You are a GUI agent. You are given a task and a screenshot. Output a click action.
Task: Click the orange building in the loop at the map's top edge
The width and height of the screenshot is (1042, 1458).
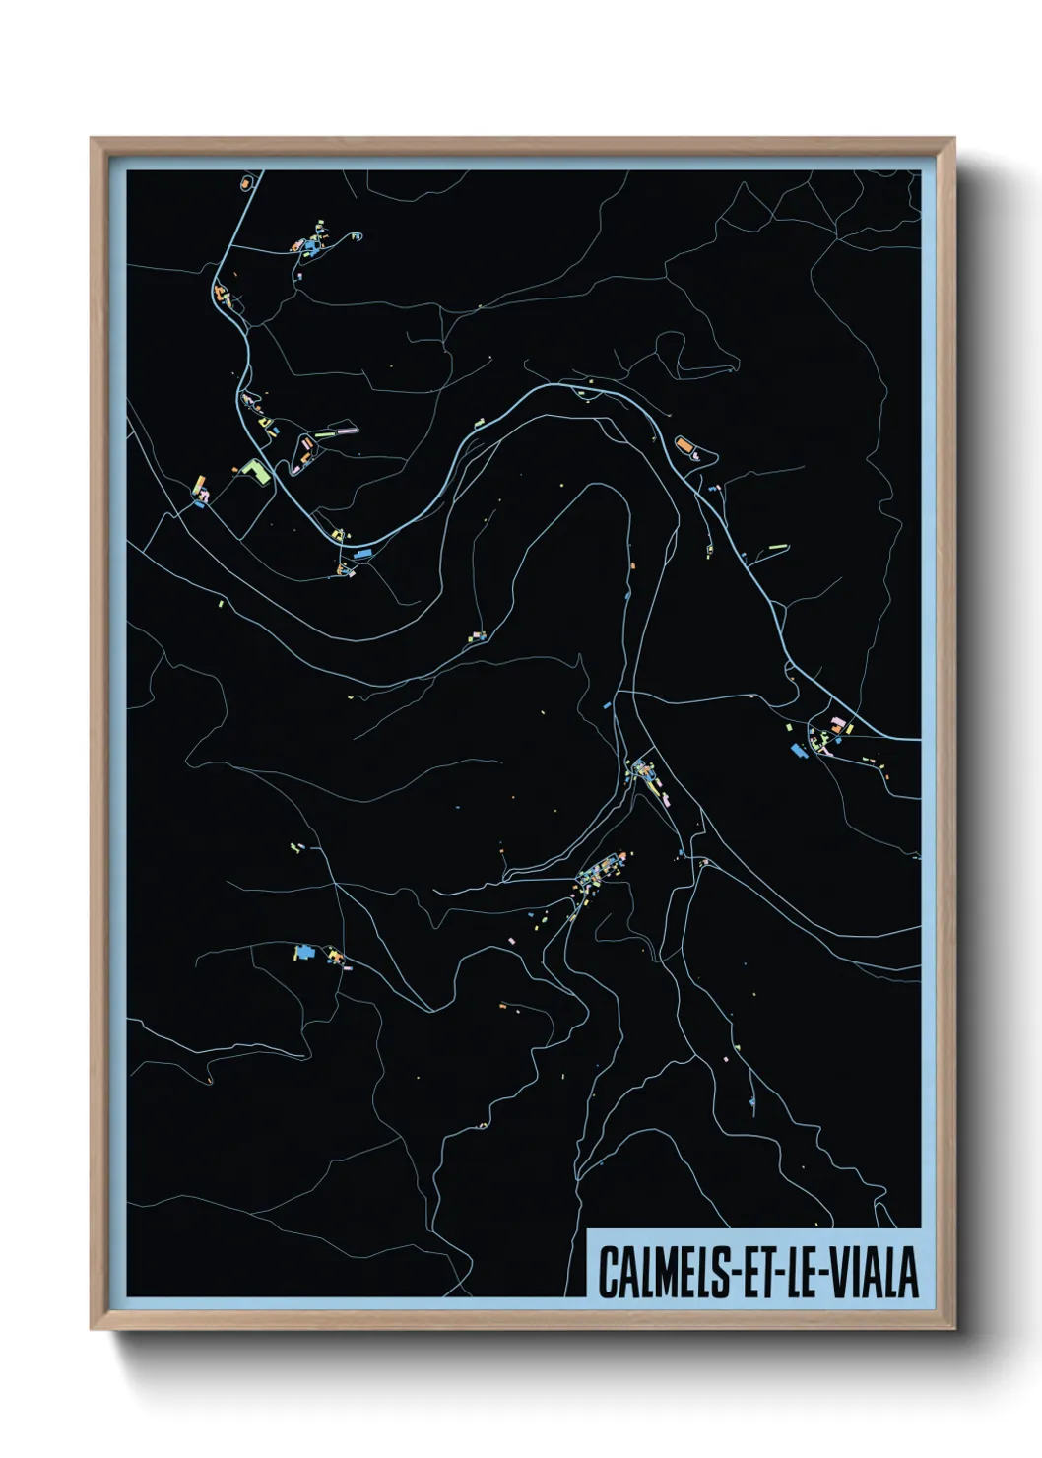click(x=246, y=183)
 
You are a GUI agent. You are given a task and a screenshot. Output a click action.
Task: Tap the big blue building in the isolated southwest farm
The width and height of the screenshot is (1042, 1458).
click(x=303, y=953)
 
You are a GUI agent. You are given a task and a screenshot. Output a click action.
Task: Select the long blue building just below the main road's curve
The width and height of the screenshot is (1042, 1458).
click(x=363, y=555)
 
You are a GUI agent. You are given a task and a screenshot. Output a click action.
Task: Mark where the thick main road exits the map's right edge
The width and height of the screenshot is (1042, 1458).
click(x=918, y=738)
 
